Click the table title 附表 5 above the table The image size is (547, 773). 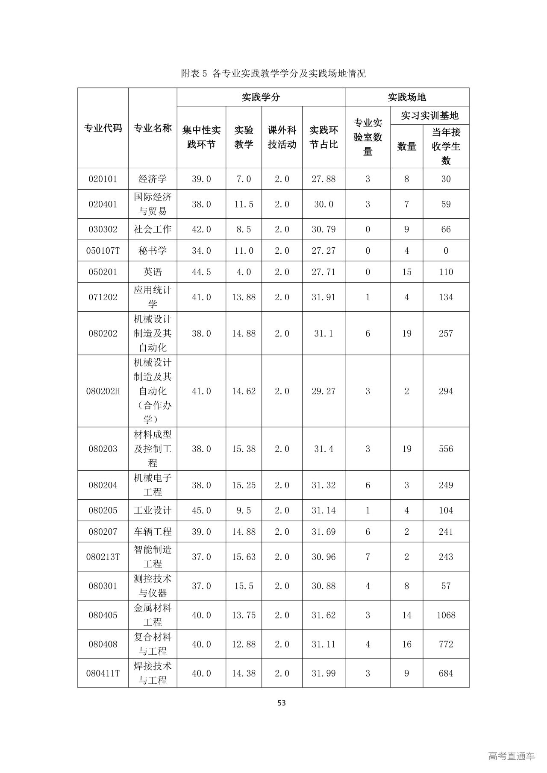(273, 73)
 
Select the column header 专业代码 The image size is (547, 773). (103, 128)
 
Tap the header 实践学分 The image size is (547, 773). (261, 97)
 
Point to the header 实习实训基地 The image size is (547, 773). (429, 115)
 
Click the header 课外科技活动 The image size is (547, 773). (282, 137)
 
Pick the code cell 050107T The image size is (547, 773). (103, 251)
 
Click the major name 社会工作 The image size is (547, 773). (153, 229)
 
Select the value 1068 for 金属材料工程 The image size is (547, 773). (446, 615)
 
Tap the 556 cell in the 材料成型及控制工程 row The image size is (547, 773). (446, 449)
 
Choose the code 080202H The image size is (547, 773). (103, 391)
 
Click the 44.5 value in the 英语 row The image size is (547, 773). (201, 272)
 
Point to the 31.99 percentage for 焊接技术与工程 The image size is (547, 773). (323, 673)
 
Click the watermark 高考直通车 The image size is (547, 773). (511, 756)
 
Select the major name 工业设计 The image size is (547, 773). (153, 510)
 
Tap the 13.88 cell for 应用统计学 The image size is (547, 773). (244, 297)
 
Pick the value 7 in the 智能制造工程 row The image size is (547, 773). (368, 557)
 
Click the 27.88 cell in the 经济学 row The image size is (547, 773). (323, 179)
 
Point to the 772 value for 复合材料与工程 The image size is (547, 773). (446, 644)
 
